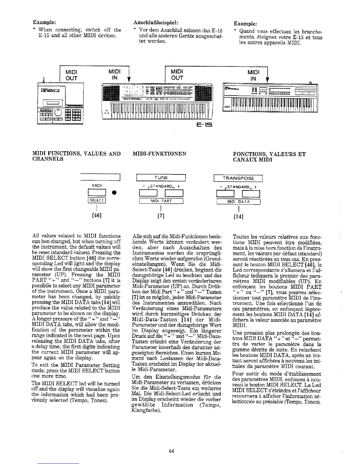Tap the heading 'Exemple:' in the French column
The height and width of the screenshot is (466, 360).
tap(245, 23)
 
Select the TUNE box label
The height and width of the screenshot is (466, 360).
tap(161, 178)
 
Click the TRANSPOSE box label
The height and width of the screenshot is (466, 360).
tap(238, 178)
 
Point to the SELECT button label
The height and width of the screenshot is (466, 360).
tap(97, 201)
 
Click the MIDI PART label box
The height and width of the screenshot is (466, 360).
tap(161, 201)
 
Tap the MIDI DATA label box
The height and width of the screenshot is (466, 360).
tap(239, 202)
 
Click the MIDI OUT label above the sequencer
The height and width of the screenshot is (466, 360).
tap(71, 75)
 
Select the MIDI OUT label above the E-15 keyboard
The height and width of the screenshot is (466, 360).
tap(177, 75)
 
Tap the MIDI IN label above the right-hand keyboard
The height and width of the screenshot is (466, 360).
tap(253, 76)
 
